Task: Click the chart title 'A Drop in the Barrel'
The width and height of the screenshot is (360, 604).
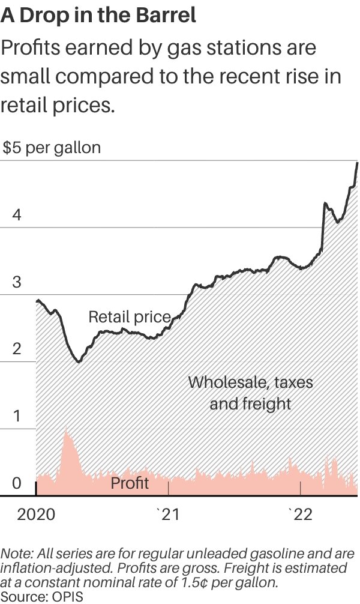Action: [x=98, y=16]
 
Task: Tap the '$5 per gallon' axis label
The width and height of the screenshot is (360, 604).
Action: [x=52, y=148]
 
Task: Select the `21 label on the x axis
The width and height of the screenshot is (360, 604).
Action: [x=167, y=515]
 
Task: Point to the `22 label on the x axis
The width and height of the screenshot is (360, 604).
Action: [x=300, y=515]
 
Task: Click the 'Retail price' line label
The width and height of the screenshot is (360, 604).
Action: [x=130, y=316]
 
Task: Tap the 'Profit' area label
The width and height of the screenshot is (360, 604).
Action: [x=130, y=483]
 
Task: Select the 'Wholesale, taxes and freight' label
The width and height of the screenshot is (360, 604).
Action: [x=250, y=392]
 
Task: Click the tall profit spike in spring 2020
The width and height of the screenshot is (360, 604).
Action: [x=66, y=433]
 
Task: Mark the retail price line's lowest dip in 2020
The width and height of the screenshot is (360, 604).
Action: [x=78, y=361]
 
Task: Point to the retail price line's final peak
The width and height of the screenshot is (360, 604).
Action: [x=358, y=163]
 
